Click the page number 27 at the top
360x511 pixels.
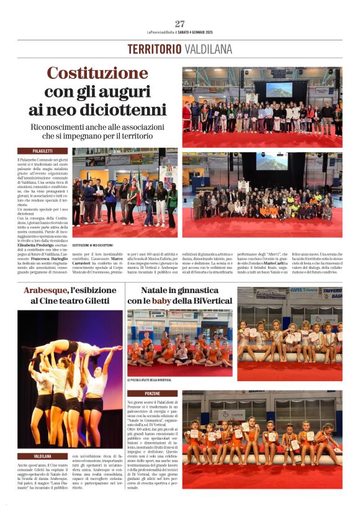180,24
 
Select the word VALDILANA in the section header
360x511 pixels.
207,50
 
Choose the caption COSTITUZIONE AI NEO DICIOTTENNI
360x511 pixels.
97,245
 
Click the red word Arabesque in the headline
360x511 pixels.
46,291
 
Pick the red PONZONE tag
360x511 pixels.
153,394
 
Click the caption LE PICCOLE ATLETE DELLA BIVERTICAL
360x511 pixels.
149,380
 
